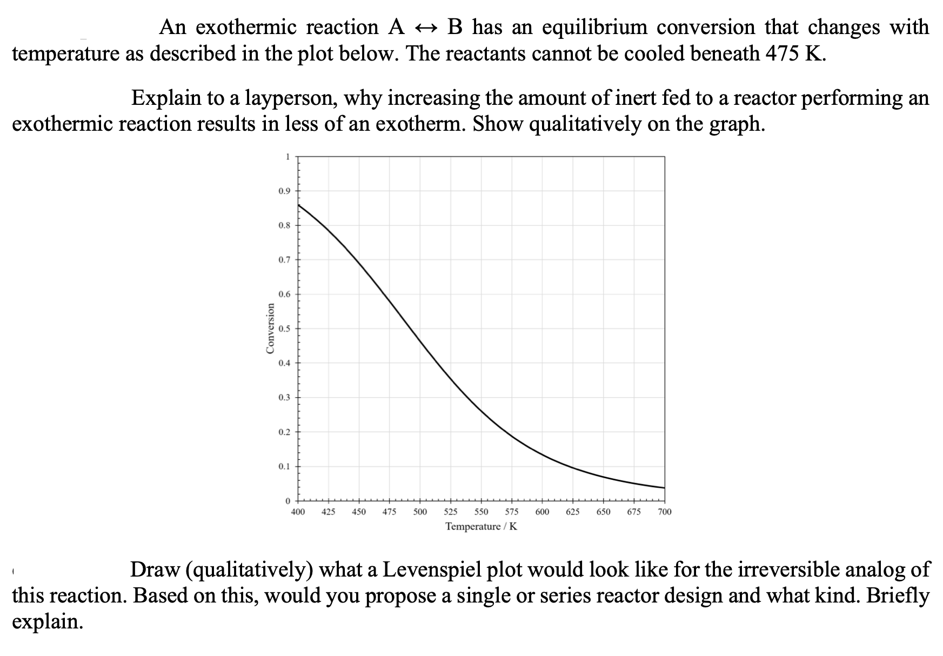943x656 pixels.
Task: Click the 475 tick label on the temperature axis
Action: click(x=389, y=512)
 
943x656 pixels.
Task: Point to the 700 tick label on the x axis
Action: click(x=665, y=512)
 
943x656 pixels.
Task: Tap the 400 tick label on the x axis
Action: click(x=297, y=512)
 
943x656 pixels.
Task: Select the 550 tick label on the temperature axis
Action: click(x=481, y=512)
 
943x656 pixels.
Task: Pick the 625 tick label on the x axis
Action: click(x=573, y=512)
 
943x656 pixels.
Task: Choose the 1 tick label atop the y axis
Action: click(x=287, y=156)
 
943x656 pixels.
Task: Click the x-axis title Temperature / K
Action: click(x=481, y=526)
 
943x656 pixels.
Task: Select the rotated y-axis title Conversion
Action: click(x=270, y=328)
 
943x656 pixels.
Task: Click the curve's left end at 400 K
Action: click(x=298, y=204)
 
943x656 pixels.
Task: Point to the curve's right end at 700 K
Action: click(x=664, y=488)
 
